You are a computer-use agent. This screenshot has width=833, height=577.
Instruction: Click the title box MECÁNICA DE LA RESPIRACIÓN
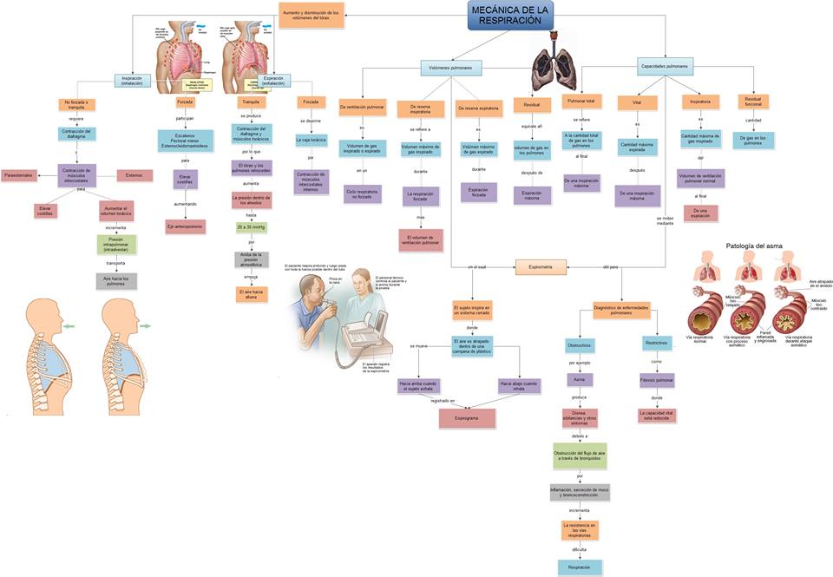[x=510, y=15]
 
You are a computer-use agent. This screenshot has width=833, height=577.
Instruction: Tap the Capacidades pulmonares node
[x=665, y=67]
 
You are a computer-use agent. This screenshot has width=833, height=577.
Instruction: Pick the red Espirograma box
[x=467, y=417]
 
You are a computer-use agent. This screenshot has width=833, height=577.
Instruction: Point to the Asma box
[x=580, y=379]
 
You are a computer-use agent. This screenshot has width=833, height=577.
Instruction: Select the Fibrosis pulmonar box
[x=657, y=379]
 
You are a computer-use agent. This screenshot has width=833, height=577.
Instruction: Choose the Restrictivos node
[x=657, y=343]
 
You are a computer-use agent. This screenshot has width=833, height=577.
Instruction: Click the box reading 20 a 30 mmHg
[x=250, y=227]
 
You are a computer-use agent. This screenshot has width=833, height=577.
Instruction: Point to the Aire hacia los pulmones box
[x=115, y=280]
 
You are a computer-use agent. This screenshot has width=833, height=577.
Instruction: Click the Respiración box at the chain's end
[x=580, y=567]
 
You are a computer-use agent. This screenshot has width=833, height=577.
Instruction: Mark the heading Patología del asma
[x=753, y=246]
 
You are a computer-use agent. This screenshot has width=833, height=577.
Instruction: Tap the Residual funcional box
[x=753, y=102]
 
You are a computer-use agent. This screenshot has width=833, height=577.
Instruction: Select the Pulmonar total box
[x=580, y=102]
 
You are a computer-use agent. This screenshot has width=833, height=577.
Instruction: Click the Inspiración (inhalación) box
[x=133, y=80]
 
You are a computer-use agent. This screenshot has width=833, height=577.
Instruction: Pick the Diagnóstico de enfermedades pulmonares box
[x=621, y=310]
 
